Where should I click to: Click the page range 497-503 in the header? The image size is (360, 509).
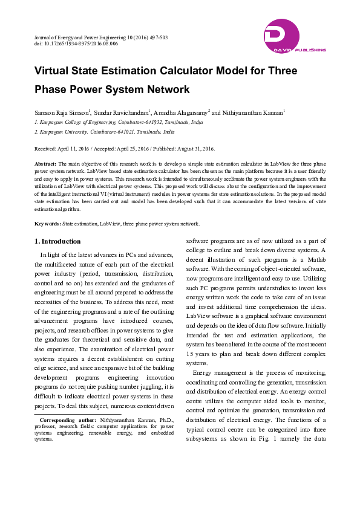pyautogui.click(x=156, y=37)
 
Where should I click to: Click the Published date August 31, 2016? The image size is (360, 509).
pyautogui.click(x=182, y=148)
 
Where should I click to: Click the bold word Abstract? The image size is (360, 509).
pyautogui.click(x=45, y=164)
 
